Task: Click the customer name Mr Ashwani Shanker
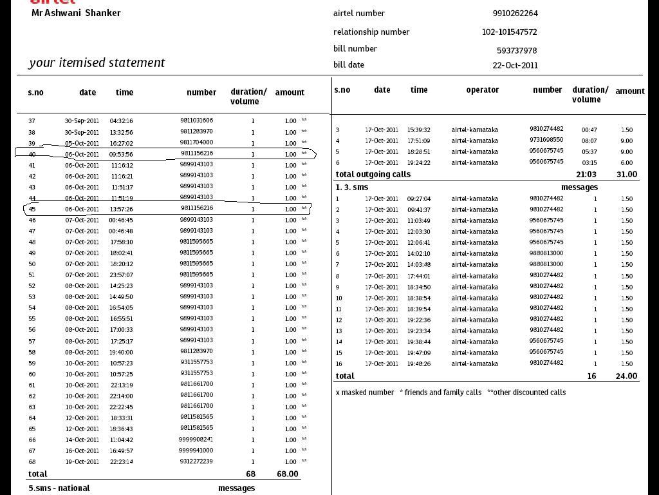pos(76,13)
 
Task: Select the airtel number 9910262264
pos(515,13)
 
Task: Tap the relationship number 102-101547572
pos(509,32)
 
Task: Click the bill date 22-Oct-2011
pos(515,65)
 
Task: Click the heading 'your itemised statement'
pos(97,63)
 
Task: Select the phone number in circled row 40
pos(196,153)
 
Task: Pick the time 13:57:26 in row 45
pos(121,209)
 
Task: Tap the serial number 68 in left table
pos(32,461)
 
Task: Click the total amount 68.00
pos(287,474)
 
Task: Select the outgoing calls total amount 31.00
pos(626,174)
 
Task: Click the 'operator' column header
pos(482,90)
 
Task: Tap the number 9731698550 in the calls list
pos(546,140)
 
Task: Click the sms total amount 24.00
pos(626,376)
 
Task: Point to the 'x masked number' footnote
pos(364,392)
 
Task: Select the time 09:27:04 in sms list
pos(419,199)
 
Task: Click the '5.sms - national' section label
pos(59,488)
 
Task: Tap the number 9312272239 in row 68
pos(196,461)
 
